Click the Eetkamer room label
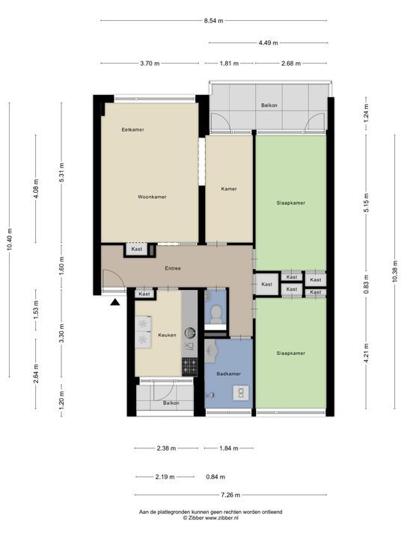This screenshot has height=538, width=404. [x=133, y=130]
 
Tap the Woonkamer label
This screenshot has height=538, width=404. [x=152, y=197]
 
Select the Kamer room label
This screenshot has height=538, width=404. [x=229, y=189]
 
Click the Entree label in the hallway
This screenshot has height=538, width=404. [x=173, y=268]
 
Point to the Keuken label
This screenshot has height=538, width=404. [x=167, y=335]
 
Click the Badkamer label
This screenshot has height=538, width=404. [x=227, y=373]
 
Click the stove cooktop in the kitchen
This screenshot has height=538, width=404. [x=190, y=366]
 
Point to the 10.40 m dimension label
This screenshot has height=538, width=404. [x=9, y=239]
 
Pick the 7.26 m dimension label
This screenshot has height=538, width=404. [x=230, y=495]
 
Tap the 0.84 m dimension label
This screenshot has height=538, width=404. [x=215, y=477]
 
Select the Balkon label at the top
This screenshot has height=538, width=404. [x=269, y=105]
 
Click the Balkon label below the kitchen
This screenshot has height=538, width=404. [x=171, y=403]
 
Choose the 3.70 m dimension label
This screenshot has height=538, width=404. [x=150, y=64]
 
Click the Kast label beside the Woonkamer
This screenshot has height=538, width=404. [x=136, y=250]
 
